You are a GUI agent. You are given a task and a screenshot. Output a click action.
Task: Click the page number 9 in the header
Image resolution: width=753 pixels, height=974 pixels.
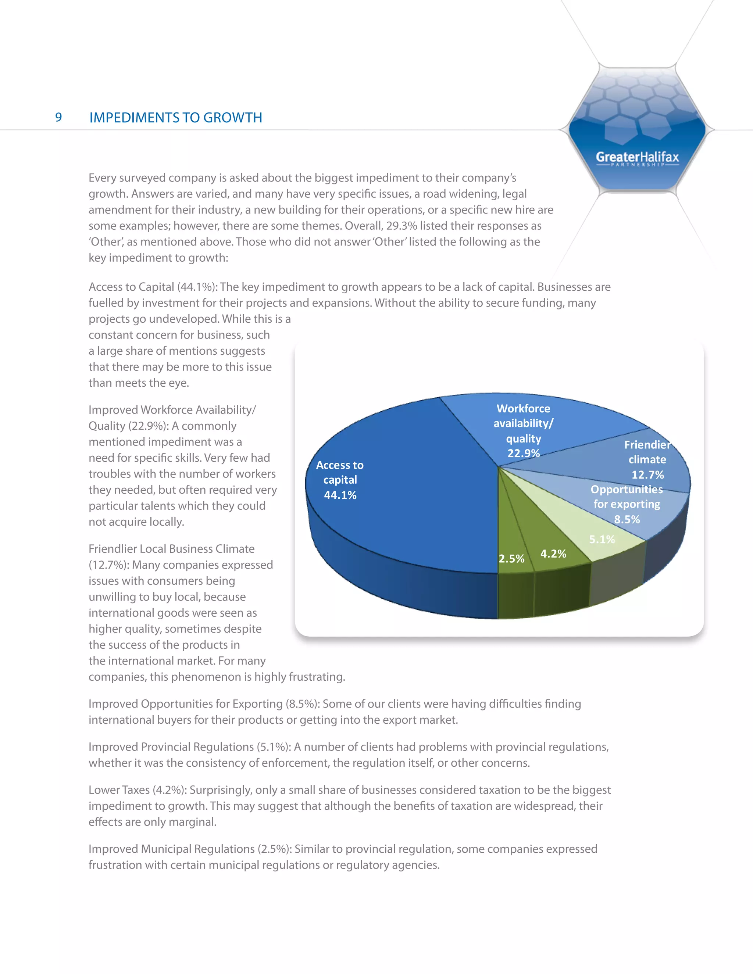click(58, 117)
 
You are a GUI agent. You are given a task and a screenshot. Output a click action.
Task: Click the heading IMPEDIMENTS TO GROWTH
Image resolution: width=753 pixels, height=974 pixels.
click(176, 118)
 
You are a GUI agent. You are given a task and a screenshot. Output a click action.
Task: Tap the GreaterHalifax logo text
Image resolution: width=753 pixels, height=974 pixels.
click(637, 157)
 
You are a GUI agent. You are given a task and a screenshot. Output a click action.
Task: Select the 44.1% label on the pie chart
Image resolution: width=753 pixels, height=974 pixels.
click(340, 495)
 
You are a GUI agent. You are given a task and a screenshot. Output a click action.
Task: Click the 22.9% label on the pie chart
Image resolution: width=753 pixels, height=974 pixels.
click(523, 453)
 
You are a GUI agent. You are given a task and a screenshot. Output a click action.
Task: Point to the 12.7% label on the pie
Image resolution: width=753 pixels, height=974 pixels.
click(647, 475)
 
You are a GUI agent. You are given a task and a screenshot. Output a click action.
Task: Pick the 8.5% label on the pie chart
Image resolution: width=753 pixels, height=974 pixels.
click(627, 519)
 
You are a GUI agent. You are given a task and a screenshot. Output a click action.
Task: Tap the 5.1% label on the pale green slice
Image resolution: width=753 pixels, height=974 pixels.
click(602, 539)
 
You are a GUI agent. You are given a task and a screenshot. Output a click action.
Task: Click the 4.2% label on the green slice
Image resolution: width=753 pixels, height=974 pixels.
click(553, 554)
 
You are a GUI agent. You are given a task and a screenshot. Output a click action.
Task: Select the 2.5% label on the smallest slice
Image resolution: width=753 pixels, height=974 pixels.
click(511, 558)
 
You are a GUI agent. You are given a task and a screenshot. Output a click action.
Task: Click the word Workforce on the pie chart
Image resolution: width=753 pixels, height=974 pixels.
click(523, 408)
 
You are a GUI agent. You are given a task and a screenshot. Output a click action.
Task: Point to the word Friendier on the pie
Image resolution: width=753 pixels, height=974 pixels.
click(647, 445)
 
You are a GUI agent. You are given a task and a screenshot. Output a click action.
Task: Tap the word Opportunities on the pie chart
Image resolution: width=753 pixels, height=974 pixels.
click(626, 489)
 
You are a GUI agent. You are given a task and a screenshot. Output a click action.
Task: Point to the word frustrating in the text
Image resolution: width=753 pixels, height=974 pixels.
click(316, 677)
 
